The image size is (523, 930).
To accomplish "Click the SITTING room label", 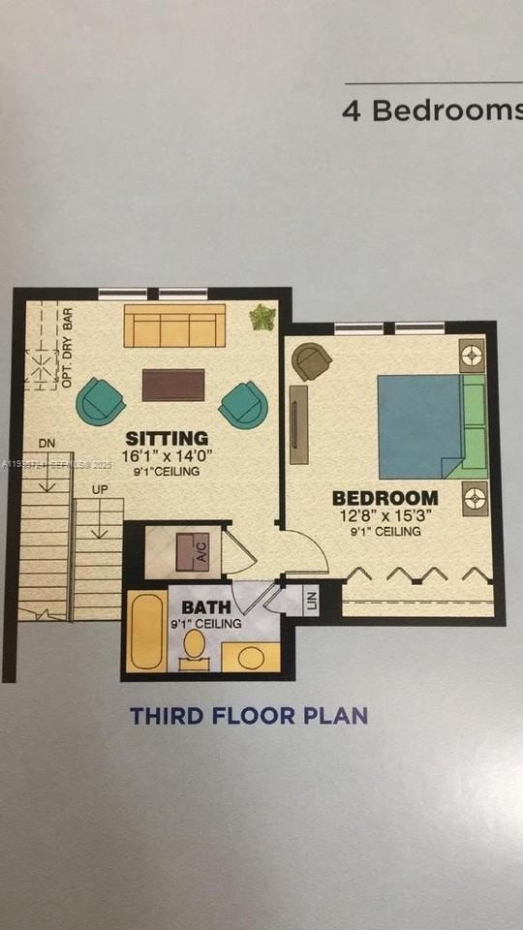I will (x=167, y=438).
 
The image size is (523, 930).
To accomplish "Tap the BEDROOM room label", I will (x=385, y=498).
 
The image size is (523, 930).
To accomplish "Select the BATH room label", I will (x=206, y=608).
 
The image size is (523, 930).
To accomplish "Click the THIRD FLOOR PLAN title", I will (x=249, y=717).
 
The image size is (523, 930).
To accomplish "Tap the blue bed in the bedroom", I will (x=418, y=426).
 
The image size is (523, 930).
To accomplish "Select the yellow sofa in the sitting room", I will (x=174, y=325).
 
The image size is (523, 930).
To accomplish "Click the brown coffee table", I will (x=173, y=385).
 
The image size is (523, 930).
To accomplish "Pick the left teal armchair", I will (x=100, y=400).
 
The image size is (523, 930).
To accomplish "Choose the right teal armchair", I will (x=243, y=404).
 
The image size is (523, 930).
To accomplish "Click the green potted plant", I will (x=261, y=317).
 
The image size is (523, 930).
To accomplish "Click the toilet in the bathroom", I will (x=194, y=647).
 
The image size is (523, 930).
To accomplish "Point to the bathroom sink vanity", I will (x=250, y=657).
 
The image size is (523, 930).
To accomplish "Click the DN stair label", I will (x=46, y=444).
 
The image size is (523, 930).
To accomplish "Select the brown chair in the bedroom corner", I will (x=312, y=362).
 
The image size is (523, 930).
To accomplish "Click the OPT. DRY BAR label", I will (x=68, y=349).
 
